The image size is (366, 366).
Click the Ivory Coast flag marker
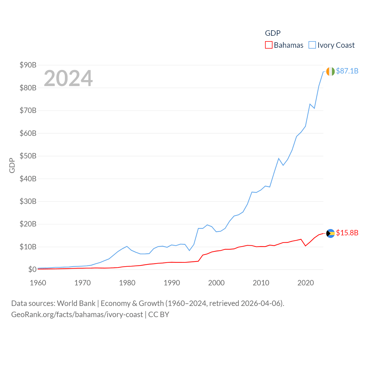tap(330, 71)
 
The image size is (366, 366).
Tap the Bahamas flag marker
tap(330, 233)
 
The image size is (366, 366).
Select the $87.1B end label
tap(347, 71)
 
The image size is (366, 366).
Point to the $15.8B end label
tap(347, 233)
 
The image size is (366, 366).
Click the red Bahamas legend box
tap(268, 45)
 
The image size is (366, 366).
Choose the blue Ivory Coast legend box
tap(312, 45)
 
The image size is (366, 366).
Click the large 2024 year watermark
tap(68, 78)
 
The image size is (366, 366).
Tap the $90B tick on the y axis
tap(28, 65)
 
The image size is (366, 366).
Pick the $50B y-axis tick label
tap(28, 156)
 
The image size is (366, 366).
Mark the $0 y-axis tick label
tap(32, 269)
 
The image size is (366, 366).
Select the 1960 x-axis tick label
tap(38, 283)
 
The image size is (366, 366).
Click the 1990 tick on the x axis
tap(172, 283)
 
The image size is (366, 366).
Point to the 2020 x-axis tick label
tap(306, 283)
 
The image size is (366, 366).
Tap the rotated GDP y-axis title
tap(12, 165)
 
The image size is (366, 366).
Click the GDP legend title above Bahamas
tap(273, 33)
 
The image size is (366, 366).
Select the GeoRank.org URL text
tap(77, 315)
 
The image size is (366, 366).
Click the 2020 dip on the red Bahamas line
tap(306, 246)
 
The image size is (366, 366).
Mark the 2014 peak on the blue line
tap(279, 158)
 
